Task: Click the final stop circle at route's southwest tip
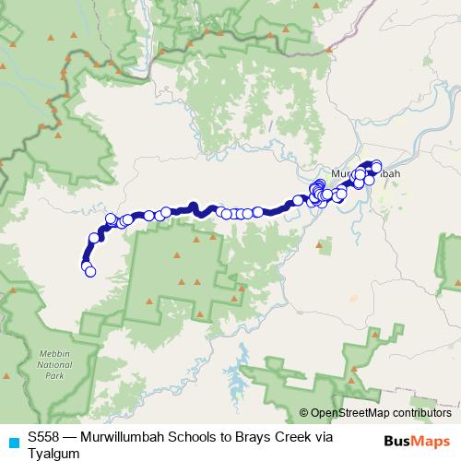point(89,271)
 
